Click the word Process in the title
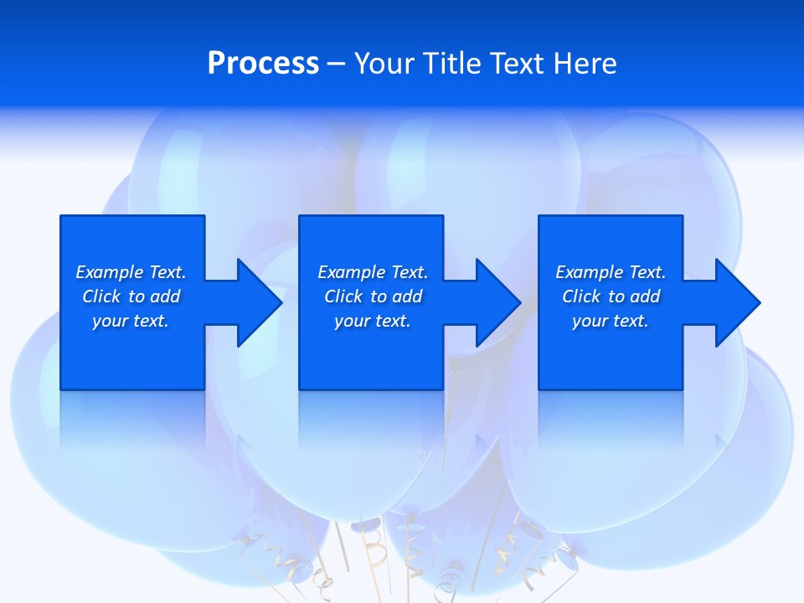click(x=263, y=64)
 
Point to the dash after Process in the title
click(x=337, y=64)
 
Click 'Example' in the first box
click(x=110, y=272)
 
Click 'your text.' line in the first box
click(x=131, y=321)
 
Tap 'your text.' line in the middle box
click(x=373, y=321)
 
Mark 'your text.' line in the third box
click(x=611, y=321)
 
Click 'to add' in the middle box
click(x=396, y=296)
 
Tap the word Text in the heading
click(x=518, y=64)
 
